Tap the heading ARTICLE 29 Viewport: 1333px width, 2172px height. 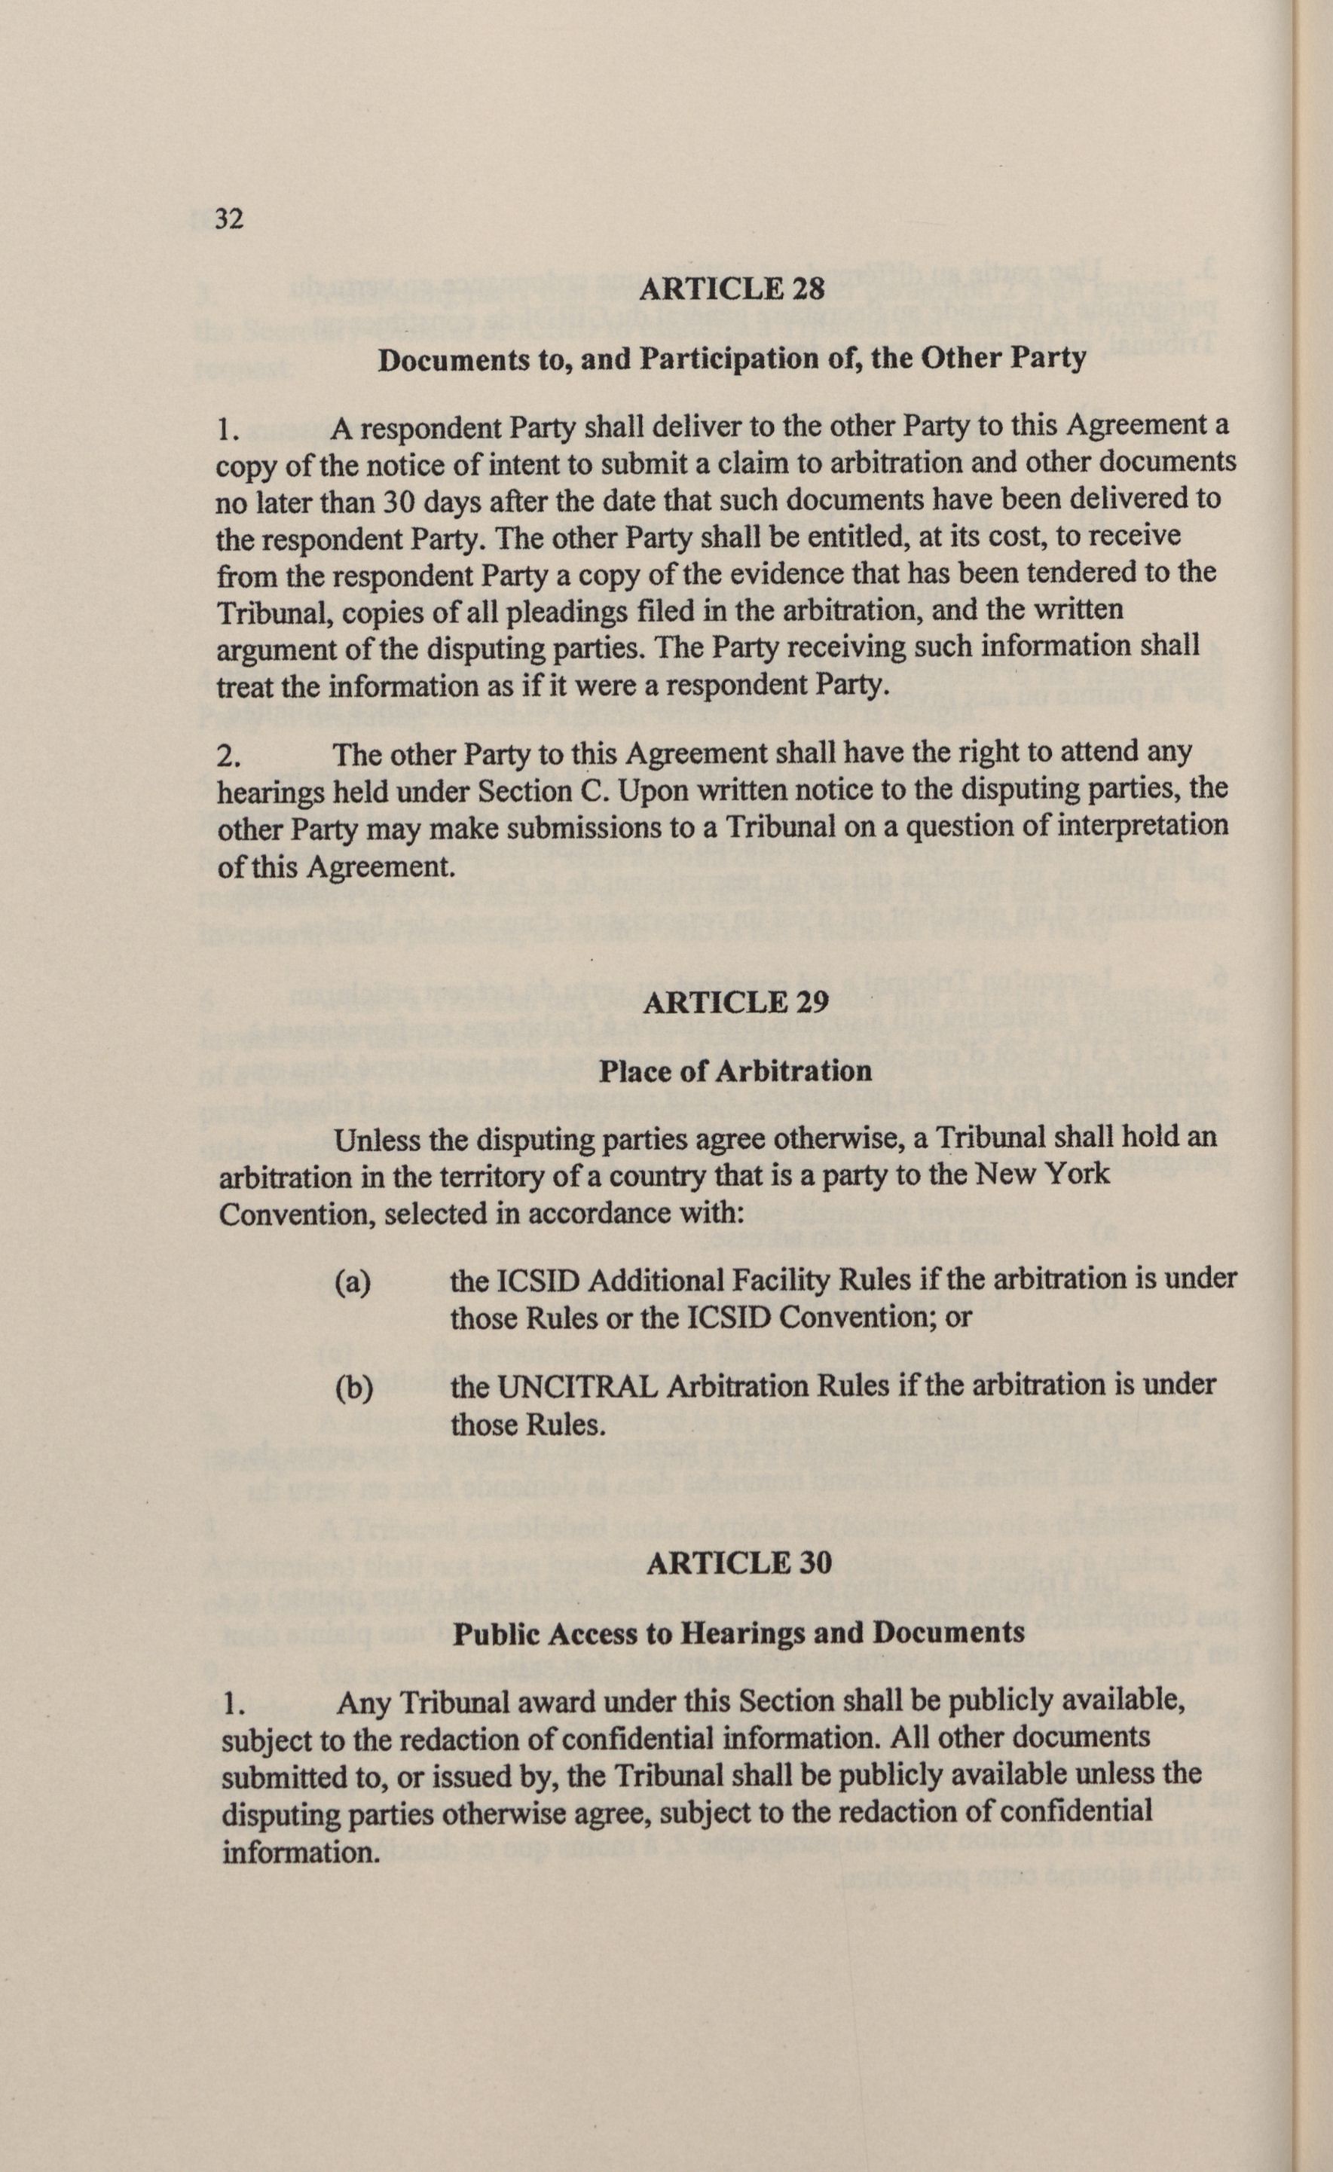(735, 1002)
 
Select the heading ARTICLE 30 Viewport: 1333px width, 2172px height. (738, 1563)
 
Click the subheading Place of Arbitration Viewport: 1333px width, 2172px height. (735, 1071)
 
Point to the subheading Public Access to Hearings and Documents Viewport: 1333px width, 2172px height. (738, 1633)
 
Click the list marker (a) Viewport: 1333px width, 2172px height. (353, 1281)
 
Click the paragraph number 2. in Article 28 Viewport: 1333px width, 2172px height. (228, 755)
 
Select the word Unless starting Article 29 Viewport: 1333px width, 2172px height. (378, 1139)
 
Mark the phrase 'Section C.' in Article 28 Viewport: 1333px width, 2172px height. (552, 792)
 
